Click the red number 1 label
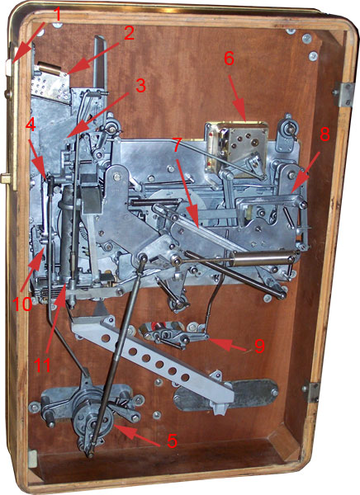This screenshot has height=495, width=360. click(x=57, y=15)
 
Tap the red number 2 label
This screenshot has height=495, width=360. click(x=129, y=33)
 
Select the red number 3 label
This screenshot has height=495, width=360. click(x=140, y=85)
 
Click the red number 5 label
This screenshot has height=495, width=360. click(x=172, y=441)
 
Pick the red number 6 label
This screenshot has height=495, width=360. click(x=229, y=59)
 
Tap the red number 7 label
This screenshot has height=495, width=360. click(x=177, y=145)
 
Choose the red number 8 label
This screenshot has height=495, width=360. click(x=324, y=134)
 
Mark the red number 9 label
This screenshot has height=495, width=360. click(x=259, y=346)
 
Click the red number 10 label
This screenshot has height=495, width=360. click(x=22, y=304)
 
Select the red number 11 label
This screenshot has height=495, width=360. click(x=42, y=365)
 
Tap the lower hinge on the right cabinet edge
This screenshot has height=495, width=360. click(x=310, y=391)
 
